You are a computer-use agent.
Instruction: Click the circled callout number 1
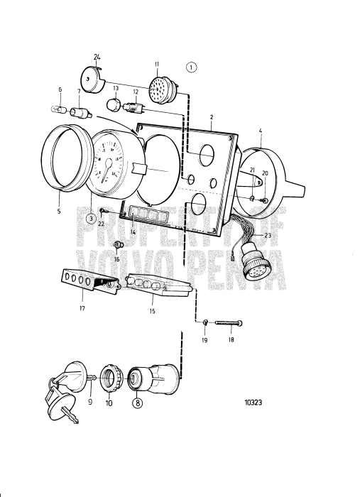click(191, 67)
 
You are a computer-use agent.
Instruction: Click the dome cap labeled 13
click(112, 104)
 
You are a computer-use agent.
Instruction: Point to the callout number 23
click(268, 234)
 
